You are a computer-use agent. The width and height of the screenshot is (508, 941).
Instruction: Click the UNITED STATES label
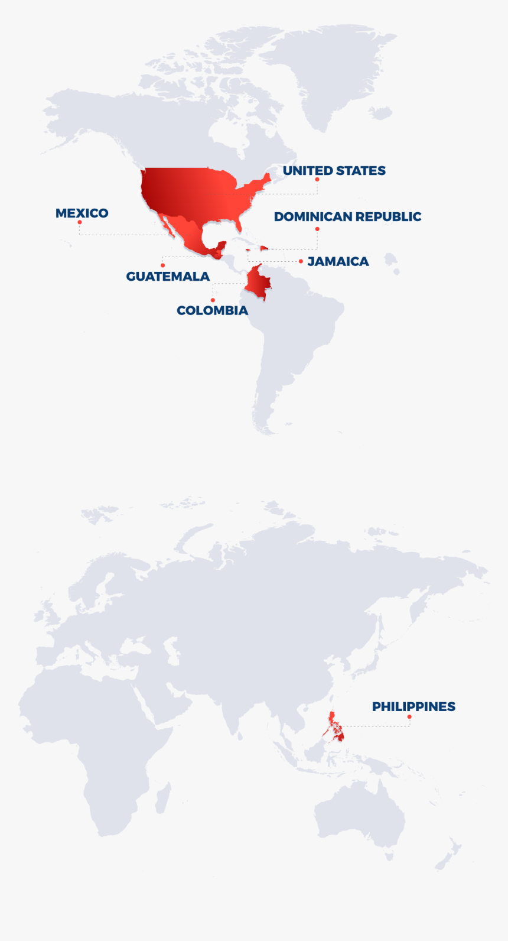(334, 171)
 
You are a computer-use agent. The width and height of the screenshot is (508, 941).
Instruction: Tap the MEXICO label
(82, 213)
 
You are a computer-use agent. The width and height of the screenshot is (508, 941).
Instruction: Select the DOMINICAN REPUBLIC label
(347, 217)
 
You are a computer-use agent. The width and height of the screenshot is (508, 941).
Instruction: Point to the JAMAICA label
(338, 261)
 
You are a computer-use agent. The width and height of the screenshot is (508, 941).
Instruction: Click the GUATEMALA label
(168, 277)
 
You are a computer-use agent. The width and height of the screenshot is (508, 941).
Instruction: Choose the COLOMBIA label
(212, 310)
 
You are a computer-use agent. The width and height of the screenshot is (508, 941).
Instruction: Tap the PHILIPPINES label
(413, 706)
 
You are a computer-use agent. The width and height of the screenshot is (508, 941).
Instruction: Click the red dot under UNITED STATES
(317, 179)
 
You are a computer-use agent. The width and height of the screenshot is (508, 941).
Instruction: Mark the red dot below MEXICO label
(80, 222)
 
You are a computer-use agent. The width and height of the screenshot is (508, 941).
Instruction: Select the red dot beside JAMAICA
(301, 261)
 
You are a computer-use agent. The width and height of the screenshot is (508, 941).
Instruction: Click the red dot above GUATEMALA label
(162, 265)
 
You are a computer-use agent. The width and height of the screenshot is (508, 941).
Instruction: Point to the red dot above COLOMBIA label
(213, 300)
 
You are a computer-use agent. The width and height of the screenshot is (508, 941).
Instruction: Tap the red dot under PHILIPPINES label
(409, 717)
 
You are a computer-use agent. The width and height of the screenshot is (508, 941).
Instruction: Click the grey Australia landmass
(360, 816)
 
